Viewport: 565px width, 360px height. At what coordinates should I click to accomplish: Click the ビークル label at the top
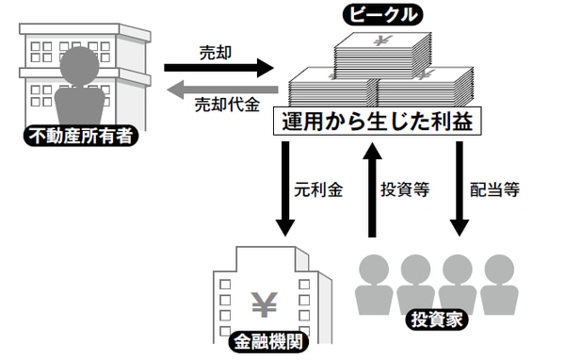380,14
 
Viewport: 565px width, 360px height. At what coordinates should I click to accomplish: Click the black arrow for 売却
218,68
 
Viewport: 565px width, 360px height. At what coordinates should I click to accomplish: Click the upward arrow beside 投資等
372,188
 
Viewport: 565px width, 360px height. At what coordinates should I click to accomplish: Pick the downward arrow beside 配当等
459,188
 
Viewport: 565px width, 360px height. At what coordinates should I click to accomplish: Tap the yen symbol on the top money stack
381,41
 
